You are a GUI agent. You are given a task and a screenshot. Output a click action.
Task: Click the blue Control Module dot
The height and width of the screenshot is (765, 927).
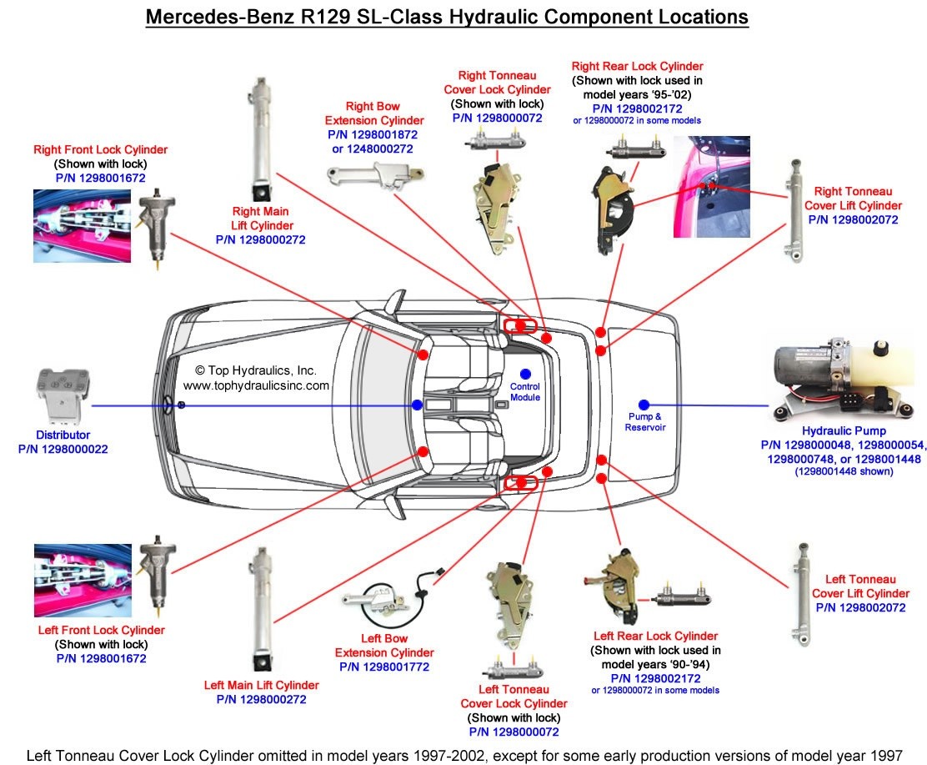click(x=525, y=373)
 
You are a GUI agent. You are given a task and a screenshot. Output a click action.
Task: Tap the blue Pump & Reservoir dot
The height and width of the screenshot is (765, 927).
click(x=644, y=405)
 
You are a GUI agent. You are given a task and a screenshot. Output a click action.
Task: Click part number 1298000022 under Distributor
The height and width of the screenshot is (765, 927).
click(x=63, y=449)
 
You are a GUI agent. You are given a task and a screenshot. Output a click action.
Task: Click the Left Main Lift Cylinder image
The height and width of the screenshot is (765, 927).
click(x=260, y=609)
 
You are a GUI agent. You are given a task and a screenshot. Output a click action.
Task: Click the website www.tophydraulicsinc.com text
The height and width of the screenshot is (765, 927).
click(x=256, y=385)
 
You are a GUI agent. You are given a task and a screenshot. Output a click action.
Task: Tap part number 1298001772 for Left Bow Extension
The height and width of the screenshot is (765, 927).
click(x=384, y=667)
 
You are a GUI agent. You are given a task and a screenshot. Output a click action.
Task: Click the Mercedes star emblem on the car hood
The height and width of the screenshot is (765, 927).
click(x=180, y=405)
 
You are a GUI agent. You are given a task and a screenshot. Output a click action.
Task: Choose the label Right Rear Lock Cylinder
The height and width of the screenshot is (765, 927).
click(x=637, y=66)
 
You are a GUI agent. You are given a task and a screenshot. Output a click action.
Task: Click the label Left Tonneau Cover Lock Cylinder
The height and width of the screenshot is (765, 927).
click(x=514, y=697)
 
